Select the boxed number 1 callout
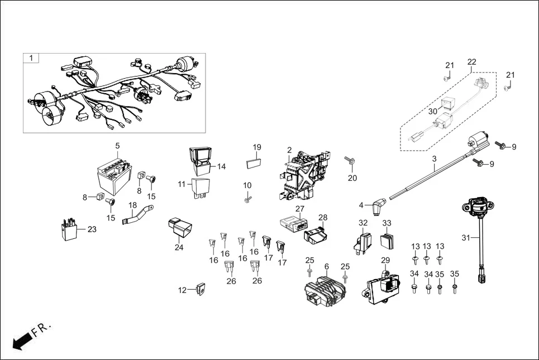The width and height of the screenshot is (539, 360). coord(31,58)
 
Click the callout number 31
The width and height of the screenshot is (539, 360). coord(465,237)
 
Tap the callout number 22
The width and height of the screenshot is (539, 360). coord(472,62)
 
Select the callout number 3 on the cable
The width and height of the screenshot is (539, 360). coord(434,159)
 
